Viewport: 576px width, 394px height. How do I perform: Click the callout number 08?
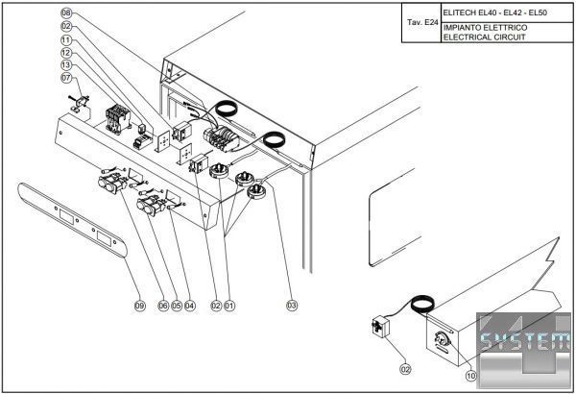[66, 13]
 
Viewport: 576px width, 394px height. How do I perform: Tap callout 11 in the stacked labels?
[66, 39]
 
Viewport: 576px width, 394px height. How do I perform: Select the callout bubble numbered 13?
[66, 63]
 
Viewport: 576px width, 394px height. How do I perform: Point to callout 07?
[66, 77]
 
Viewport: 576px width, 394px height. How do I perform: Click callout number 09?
[139, 306]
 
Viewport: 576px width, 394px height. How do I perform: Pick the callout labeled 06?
[163, 306]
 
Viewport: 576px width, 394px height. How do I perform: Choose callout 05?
[177, 306]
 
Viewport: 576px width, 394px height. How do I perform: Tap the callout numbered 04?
[190, 306]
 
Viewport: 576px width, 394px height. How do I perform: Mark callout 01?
[229, 306]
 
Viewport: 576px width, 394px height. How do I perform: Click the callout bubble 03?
[291, 306]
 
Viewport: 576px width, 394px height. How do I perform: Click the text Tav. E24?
[420, 20]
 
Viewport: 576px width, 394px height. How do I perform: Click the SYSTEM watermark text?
[524, 341]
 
